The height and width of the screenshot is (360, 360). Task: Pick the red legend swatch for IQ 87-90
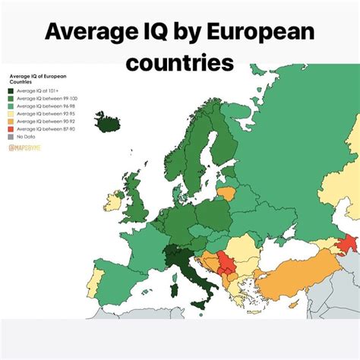[12, 130]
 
